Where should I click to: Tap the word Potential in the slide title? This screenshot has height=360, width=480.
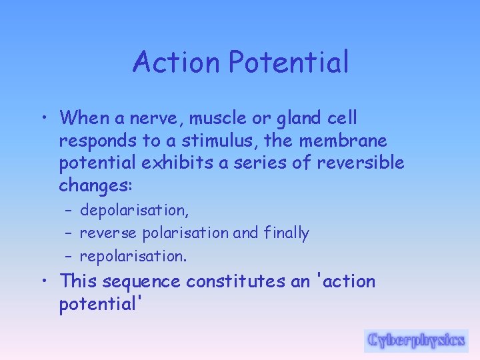288,63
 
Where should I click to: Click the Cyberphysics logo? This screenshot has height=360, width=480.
416,340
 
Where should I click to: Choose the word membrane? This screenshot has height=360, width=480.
344,141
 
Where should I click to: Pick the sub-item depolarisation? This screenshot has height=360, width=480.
134,211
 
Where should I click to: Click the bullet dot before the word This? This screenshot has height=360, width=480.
43,282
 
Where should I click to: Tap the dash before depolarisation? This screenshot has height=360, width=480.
69,211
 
